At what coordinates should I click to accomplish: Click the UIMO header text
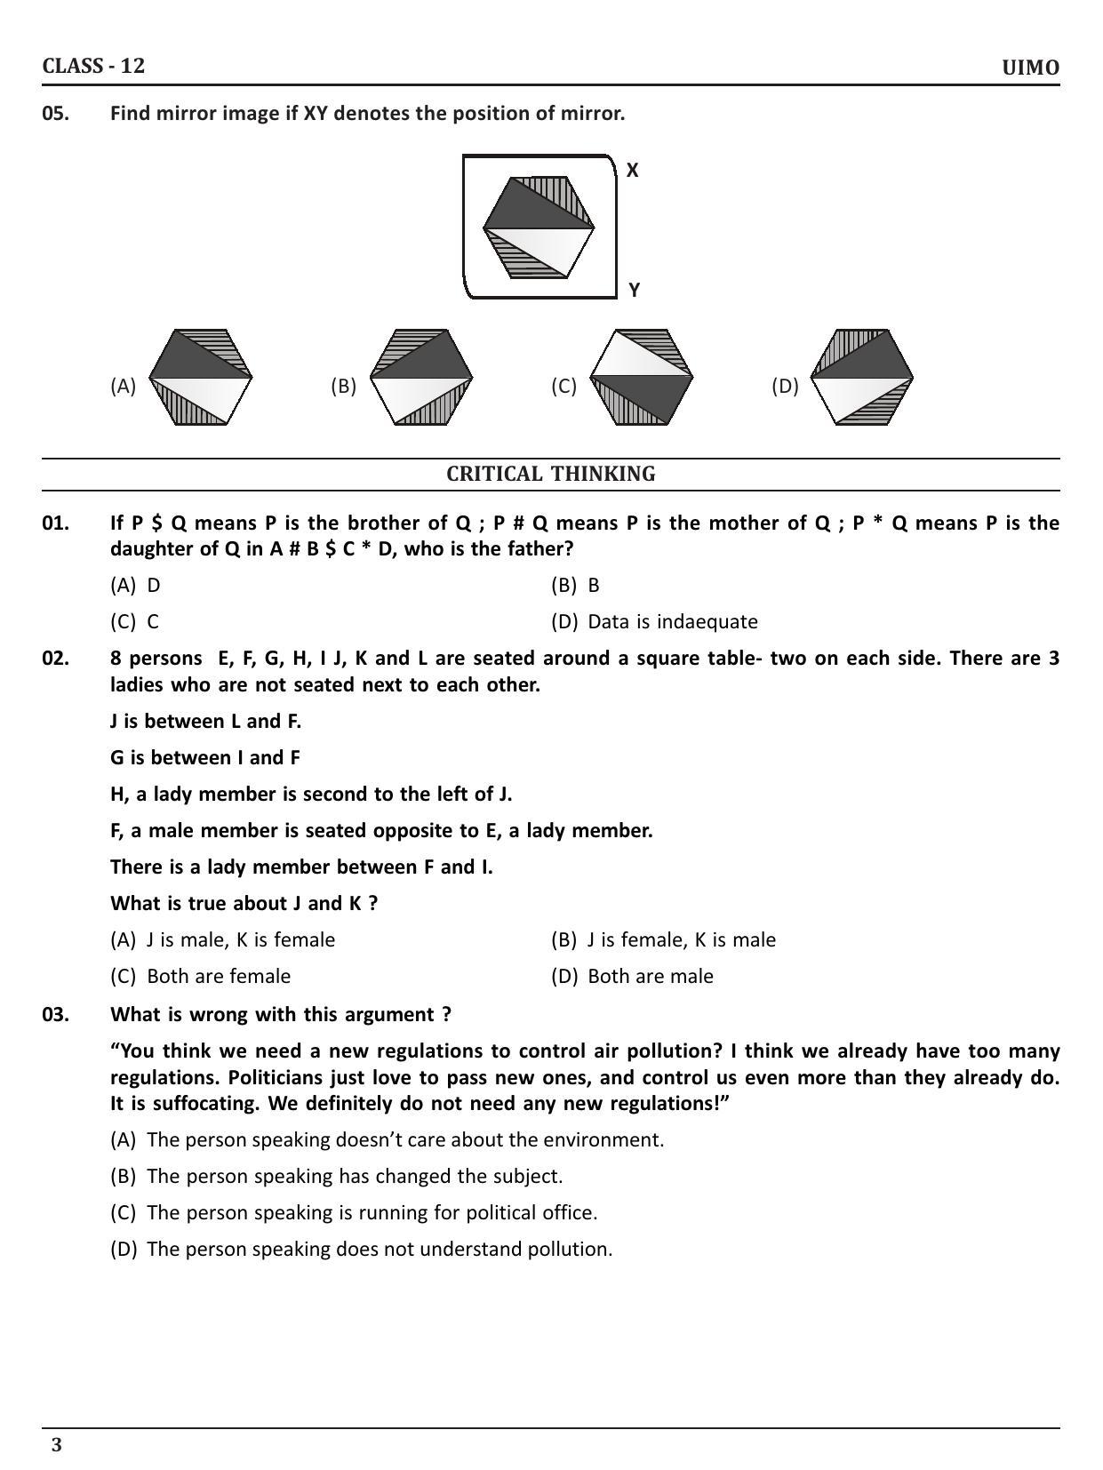coord(1030,68)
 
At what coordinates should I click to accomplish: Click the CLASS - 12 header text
coord(93,66)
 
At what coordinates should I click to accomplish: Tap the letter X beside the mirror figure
coord(632,171)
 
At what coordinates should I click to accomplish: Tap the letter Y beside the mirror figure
coord(634,290)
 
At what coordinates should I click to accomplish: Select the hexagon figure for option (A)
coord(200,378)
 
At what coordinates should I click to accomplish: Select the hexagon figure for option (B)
coord(420,378)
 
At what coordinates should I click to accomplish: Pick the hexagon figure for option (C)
coord(641,378)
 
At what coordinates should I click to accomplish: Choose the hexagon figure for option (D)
coord(861,378)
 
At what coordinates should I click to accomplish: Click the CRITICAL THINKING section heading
coord(550,475)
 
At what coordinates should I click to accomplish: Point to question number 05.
coord(55,114)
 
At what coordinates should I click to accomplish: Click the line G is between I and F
coord(205,758)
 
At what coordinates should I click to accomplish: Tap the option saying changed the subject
coord(354,1177)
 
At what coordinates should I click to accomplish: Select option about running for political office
coord(372,1213)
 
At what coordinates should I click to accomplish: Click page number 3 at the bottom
coord(57,1445)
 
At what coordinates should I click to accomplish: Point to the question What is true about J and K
coord(244,904)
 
